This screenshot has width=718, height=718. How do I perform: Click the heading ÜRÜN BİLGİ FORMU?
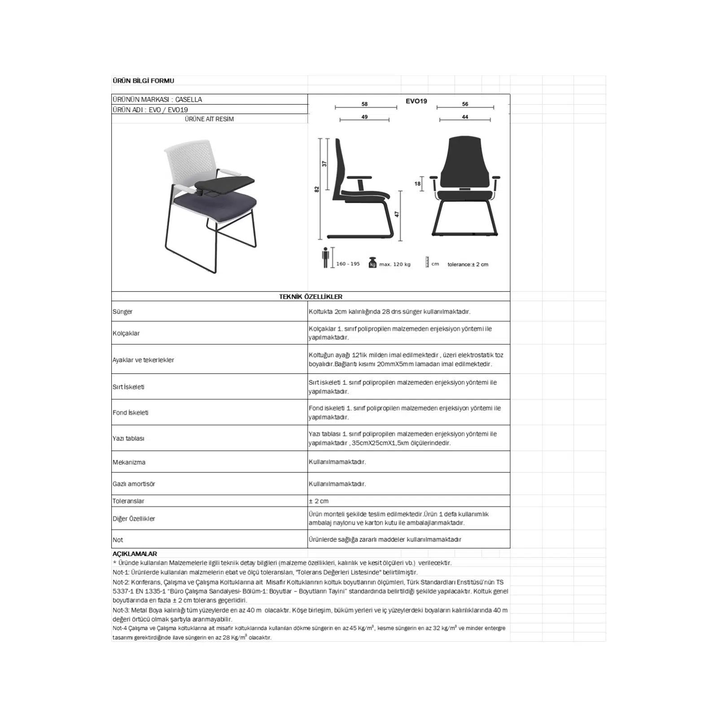coord(143,81)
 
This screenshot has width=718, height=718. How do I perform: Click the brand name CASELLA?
coord(188,100)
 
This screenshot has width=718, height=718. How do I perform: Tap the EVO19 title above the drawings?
coord(416,101)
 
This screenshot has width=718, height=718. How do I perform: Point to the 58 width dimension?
coord(364,104)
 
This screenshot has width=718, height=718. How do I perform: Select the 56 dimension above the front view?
coord(465,104)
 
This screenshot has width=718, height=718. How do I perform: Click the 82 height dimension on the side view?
coord(317,189)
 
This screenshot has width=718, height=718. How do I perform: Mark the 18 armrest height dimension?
coord(417,184)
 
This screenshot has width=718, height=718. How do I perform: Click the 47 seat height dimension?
coord(397,215)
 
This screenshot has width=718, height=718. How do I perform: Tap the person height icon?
coord(326,258)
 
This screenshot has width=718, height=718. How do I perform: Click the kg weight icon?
coord(372,263)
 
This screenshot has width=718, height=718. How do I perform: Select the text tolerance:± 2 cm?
coord(468,264)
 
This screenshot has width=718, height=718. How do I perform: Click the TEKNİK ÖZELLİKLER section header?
coord(311,297)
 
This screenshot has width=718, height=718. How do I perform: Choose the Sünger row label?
coord(123,311)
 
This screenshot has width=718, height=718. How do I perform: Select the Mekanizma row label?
coord(129,462)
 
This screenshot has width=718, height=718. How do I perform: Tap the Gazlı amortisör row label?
coord(134,484)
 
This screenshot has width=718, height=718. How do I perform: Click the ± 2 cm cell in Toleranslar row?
coord(319,501)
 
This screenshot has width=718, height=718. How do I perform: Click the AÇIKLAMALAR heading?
coord(135,554)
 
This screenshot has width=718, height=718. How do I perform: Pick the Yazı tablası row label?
coord(128,438)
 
